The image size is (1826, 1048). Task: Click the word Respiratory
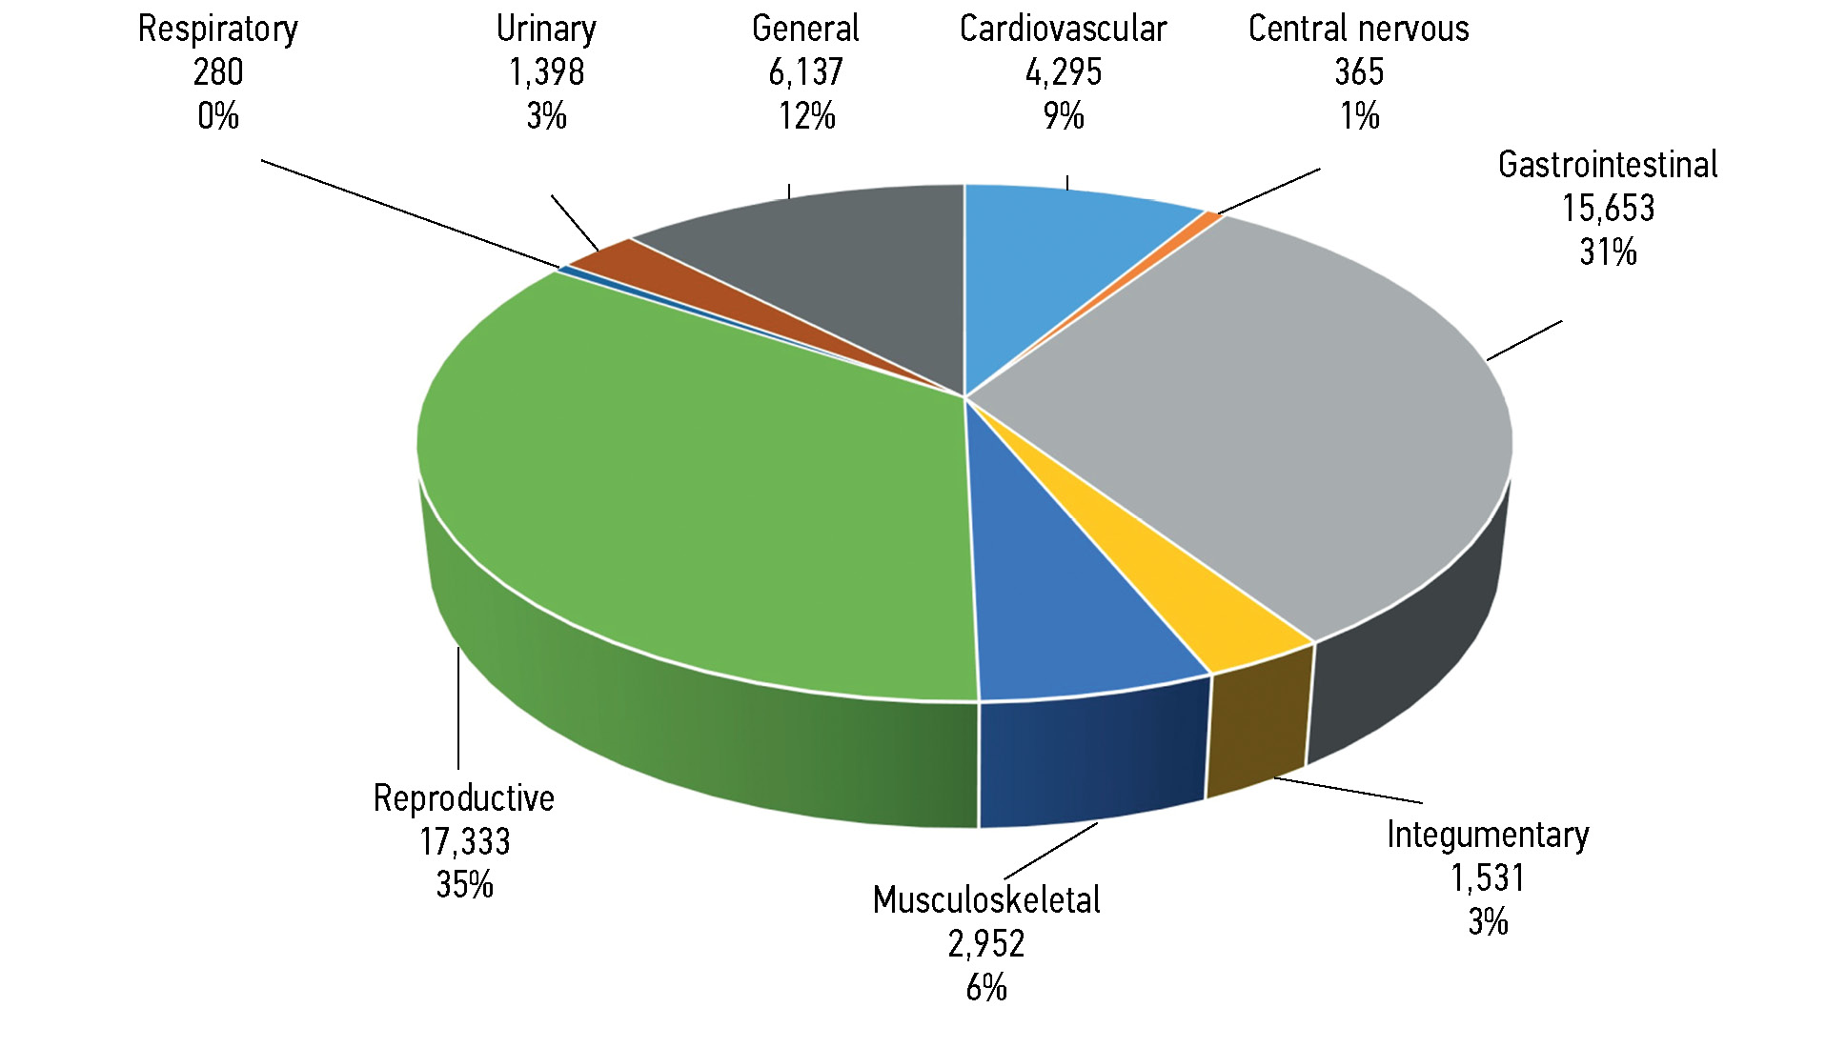coord(217,29)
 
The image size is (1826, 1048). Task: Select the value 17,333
coord(465,841)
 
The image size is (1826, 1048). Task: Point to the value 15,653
coord(1608,208)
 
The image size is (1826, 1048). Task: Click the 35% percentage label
coord(465,885)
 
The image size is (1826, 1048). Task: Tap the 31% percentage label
coord(1608,252)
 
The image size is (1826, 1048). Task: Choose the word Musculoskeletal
coord(986,899)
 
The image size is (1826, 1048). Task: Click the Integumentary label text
coord(1488,835)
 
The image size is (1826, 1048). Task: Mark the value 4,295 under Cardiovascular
coord(1063,72)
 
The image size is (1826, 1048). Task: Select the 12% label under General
coord(806,116)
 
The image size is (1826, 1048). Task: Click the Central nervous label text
coord(1358,29)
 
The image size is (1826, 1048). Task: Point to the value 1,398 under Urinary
coord(546,72)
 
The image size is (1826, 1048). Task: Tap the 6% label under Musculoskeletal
coord(986,988)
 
